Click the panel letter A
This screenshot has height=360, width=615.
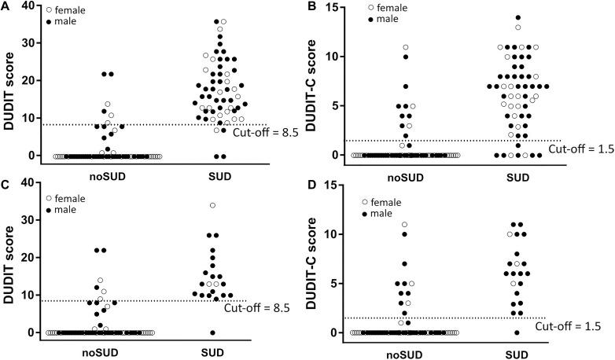click(x=6, y=6)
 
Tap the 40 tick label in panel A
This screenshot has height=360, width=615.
click(x=29, y=6)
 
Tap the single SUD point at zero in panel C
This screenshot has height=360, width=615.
click(x=212, y=332)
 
